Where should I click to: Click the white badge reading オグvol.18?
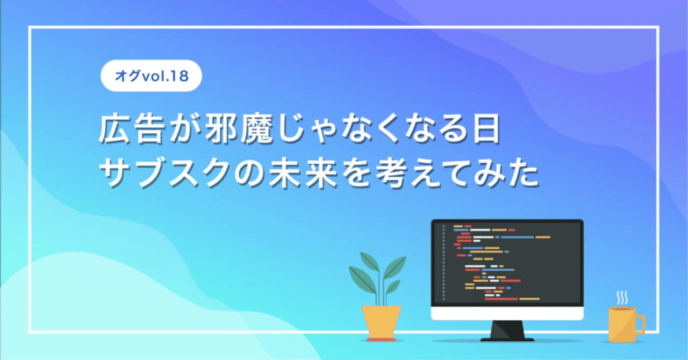(x=151, y=76)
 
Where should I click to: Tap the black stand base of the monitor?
(x=507, y=339)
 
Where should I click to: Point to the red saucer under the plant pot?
(x=381, y=340)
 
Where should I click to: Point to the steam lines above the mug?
(x=622, y=297)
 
